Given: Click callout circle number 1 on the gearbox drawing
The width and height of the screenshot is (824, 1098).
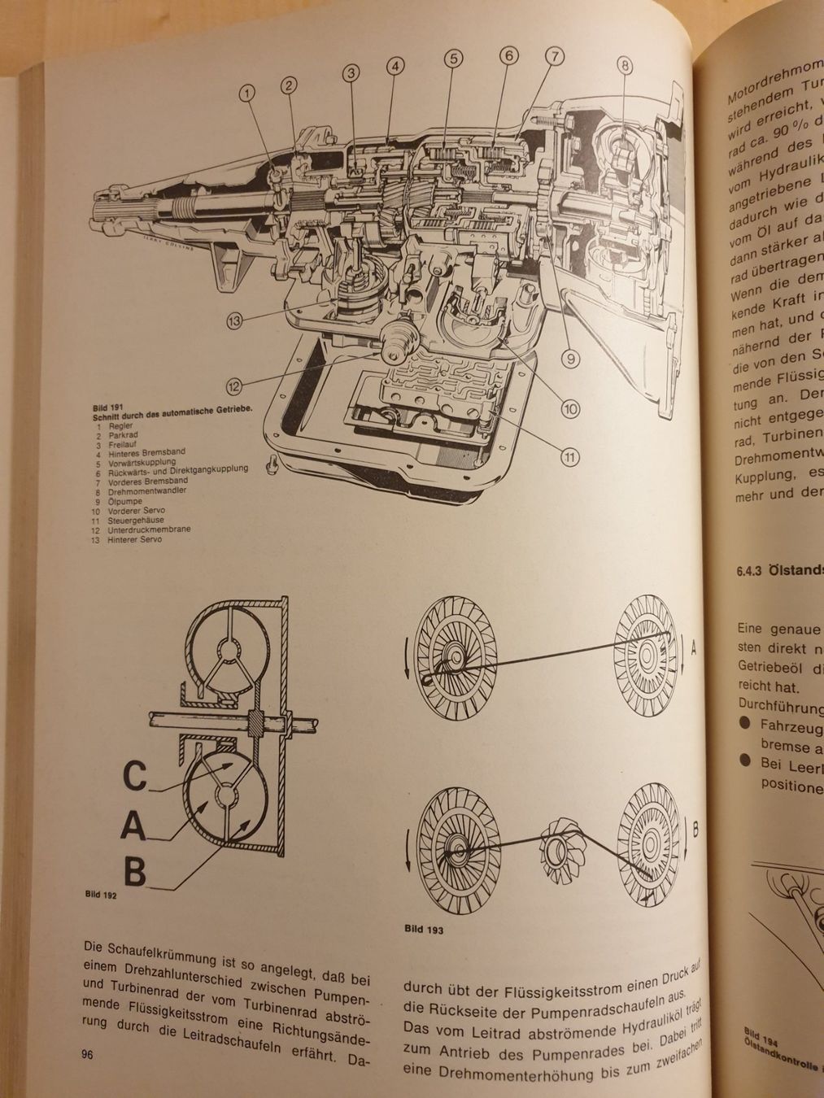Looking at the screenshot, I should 247,93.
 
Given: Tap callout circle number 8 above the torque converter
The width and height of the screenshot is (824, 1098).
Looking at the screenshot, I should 624,65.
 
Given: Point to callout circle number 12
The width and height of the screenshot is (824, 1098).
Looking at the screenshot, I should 236,386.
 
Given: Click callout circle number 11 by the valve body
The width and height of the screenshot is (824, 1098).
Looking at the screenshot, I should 572,457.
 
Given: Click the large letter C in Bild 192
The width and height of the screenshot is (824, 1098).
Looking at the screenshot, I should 136,776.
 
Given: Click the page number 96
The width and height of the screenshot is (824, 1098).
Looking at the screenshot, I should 89,1055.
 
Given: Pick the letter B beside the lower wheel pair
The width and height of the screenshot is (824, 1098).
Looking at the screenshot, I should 695,830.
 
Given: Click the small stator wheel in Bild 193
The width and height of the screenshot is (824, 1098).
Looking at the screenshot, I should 562,852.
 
